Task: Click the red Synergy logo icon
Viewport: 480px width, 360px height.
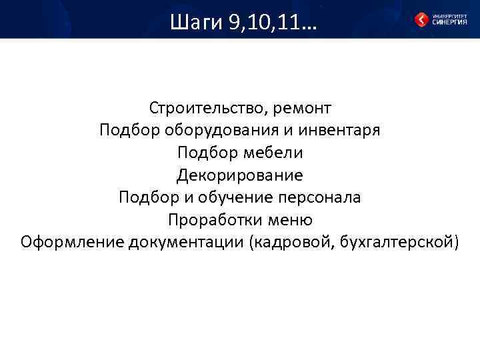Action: point(421,20)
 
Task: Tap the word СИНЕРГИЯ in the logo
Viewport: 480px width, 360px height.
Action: point(450,22)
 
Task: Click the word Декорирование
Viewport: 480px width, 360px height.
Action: point(240,175)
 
